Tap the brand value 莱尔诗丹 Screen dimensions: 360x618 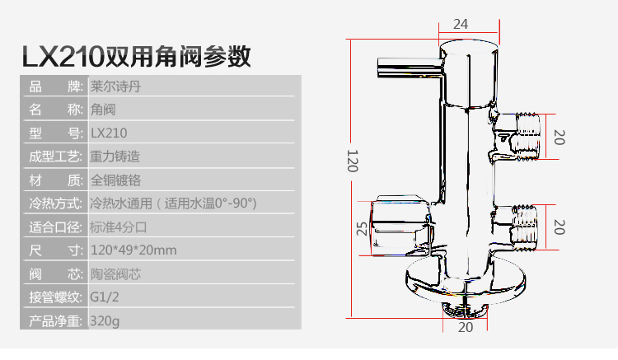click(110, 86)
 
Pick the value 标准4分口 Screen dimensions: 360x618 click(119, 227)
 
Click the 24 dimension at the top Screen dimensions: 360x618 click(461, 23)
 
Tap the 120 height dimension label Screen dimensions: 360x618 click(352, 160)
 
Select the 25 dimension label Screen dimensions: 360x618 click(361, 227)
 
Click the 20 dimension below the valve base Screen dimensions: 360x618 click(465, 327)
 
